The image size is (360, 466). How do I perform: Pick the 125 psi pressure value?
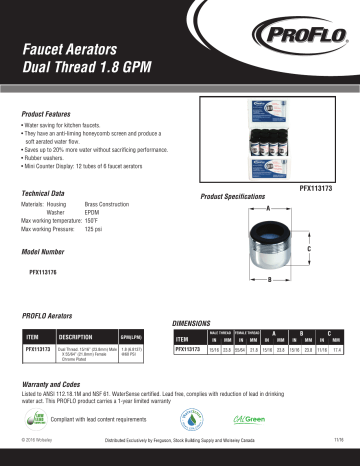coord(94,229)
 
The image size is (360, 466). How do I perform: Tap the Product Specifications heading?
coord(233,197)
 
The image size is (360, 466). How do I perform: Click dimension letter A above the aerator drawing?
coord(268,206)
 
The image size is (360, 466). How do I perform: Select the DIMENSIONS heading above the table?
coord(196,324)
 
